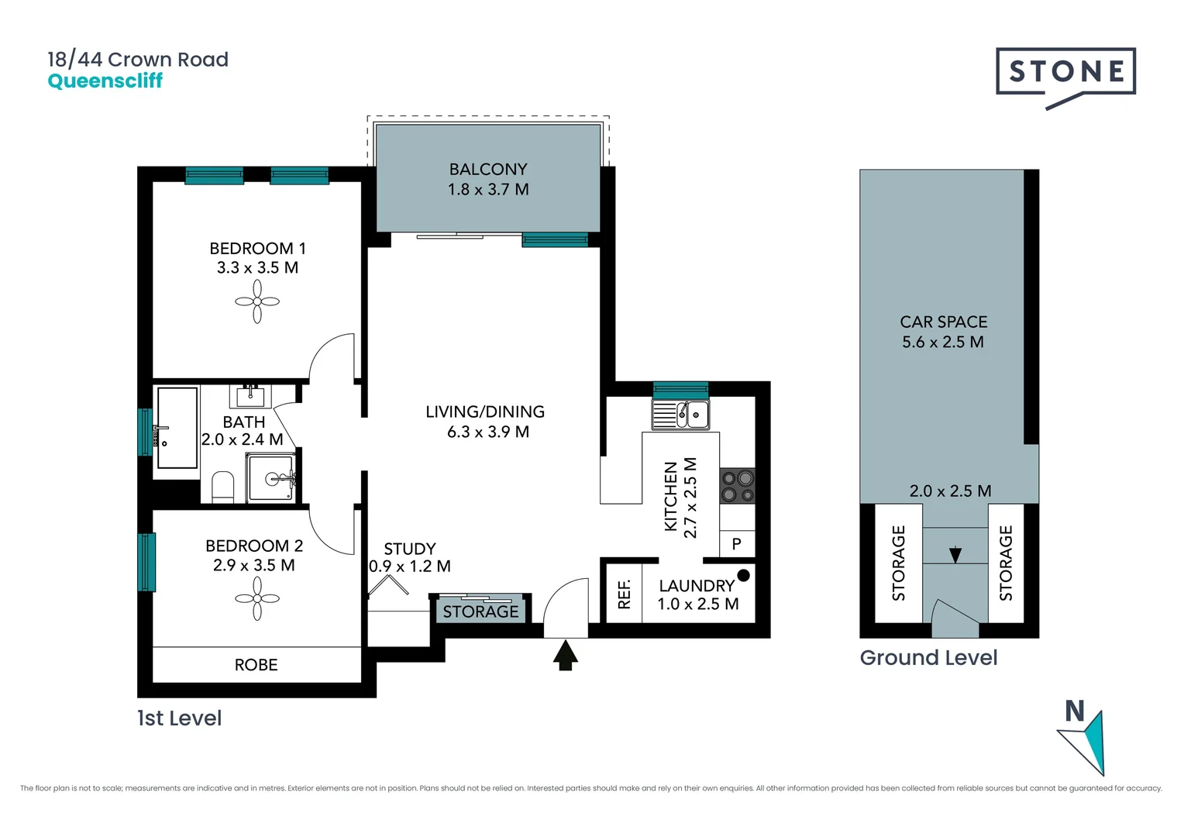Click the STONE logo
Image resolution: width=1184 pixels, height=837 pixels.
click(x=1065, y=77)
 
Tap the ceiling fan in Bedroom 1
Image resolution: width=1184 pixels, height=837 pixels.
click(x=257, y=301)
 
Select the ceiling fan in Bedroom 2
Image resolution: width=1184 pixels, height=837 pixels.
click(x=257, y=598)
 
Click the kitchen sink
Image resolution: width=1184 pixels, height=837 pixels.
click(x=680, y=415)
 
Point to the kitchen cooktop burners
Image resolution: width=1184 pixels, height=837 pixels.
click(x=738, y=486)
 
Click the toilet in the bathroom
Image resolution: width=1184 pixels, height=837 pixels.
click(x=222, y=487)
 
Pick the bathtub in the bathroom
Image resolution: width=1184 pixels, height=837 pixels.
click(x=177, y=428)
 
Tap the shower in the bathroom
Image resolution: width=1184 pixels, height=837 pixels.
click(x=270, y=477)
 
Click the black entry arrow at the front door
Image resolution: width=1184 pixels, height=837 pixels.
click(x=566, y=656)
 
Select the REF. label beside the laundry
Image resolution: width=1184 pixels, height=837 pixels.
click(x=625, y=594)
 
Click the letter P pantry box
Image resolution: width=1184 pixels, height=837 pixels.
click(x=737, y=543)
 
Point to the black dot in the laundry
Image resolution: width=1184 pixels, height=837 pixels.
click(x=743, y=575)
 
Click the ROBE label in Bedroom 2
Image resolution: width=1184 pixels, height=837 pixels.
click(x=256, y=665)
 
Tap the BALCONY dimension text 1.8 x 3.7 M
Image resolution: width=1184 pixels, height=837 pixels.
click(x=488, y=189)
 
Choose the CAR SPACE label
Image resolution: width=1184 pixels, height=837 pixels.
click(x=944, y=322)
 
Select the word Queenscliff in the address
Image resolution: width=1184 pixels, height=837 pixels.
click(x=105, y=81)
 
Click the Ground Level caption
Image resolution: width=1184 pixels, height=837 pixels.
click(x=929, y=658)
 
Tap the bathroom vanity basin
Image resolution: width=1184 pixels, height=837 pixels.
click(x=250, y=396)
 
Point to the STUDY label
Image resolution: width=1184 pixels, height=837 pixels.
click(x=410, y=548)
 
